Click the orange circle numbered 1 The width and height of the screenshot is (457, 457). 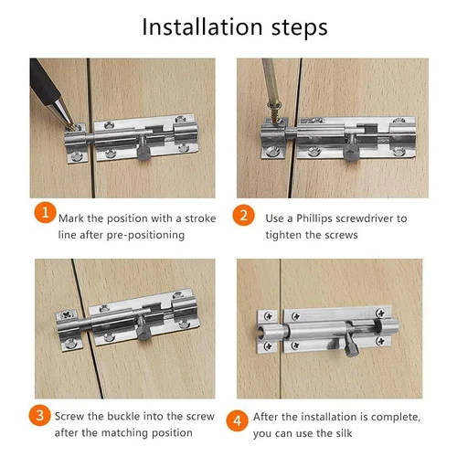click(x=45, y=212)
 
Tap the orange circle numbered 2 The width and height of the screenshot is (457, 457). click(x=243, y=215)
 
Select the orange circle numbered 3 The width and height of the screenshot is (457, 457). click(x=40, y=416)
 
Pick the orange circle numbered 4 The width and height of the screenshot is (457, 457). click(x=238, y=420)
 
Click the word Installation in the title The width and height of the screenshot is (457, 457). click(x=202, y=27)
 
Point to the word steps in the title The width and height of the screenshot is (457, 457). click(x=299, y=28)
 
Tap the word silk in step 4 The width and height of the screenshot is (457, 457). click(x=345, y=433)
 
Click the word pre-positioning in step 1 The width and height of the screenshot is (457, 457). click(x=145, y=236)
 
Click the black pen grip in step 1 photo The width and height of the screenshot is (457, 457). click(x=44, y=81)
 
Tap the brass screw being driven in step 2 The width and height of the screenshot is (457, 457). click(x=275, y=111)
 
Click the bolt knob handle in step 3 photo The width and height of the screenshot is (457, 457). click(x=143, y=328)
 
